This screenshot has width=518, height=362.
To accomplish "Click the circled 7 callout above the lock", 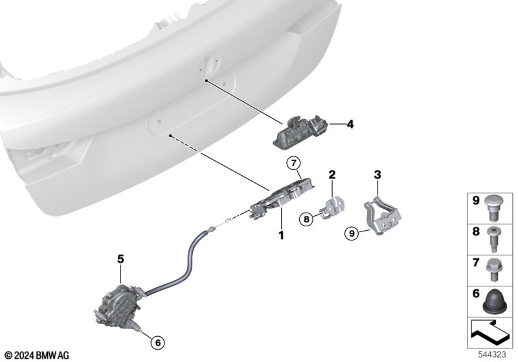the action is coord(294,163).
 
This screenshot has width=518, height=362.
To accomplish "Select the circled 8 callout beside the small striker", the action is coord(306,219).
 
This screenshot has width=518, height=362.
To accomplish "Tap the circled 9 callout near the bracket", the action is coord(352,233).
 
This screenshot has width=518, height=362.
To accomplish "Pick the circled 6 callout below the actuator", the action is coord(157,343).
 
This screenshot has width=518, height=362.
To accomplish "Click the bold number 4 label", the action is coord(350,124).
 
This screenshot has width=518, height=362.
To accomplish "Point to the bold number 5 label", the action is coord(120,259).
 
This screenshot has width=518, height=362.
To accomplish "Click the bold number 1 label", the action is coord(281,235).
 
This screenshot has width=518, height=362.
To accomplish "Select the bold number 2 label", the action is coord(332,175).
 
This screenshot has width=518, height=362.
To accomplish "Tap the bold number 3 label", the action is coord(377,175).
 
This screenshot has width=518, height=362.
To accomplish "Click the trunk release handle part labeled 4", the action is coord(300,133).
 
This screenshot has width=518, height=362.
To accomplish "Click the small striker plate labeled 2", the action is coord(332,207).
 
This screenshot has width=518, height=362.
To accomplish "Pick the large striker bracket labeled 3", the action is coord(382,215).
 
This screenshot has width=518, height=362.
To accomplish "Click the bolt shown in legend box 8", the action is coord(493,240).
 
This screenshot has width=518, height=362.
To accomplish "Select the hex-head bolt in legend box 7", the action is coord(493,270).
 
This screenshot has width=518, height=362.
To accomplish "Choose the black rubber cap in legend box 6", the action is coord(495,301).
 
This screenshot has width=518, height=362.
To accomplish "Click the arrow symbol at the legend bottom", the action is coord(490,332).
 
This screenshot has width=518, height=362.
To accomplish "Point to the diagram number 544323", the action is coord(492,354).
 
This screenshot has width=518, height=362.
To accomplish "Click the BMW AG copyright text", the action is coord(37,356).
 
